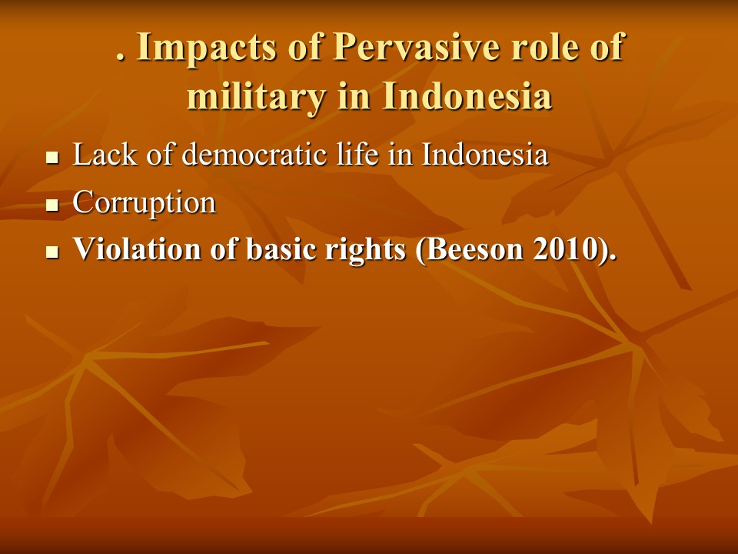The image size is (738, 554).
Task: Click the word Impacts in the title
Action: pos(206,48)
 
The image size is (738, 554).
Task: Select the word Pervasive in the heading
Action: pos(416,47)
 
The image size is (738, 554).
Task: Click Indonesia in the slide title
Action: pos(467,95)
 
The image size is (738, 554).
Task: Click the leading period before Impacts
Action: pos(121,58)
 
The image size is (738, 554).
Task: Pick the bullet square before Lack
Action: pos(52,157)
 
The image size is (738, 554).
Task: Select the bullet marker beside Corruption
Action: pos(52,205)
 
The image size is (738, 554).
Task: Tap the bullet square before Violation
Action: pos(52,252)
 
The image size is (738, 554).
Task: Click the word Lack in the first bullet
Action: pos(105,154)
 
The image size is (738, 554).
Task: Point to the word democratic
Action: pos(254,154)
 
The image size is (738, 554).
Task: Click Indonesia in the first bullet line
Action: pos(485,154)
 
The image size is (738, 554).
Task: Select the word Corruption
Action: pos(144,202)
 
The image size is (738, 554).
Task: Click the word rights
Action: pos(365,249)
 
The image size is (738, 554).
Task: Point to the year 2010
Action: pos(565,249)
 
